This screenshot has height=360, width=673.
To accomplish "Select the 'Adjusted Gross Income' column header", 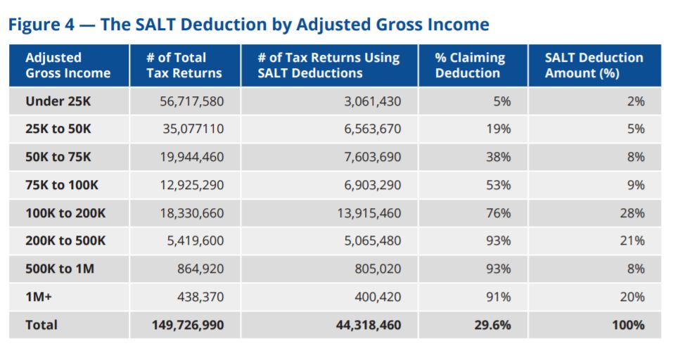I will point(68,65).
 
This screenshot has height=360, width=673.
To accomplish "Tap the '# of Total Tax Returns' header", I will point(184,65).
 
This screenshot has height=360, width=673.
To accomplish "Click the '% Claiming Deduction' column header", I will point(470,65).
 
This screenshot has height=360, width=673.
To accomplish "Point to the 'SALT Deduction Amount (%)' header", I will point(594,65).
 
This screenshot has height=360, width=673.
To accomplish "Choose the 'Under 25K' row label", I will point(58,101).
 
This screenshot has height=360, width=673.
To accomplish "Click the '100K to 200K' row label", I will point(65,213).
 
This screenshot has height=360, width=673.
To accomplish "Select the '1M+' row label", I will point(38,297).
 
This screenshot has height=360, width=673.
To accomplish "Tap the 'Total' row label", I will point(41,325).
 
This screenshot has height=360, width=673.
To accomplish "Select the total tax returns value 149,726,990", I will point(188,325).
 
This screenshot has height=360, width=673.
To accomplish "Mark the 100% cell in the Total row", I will point(627,325).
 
